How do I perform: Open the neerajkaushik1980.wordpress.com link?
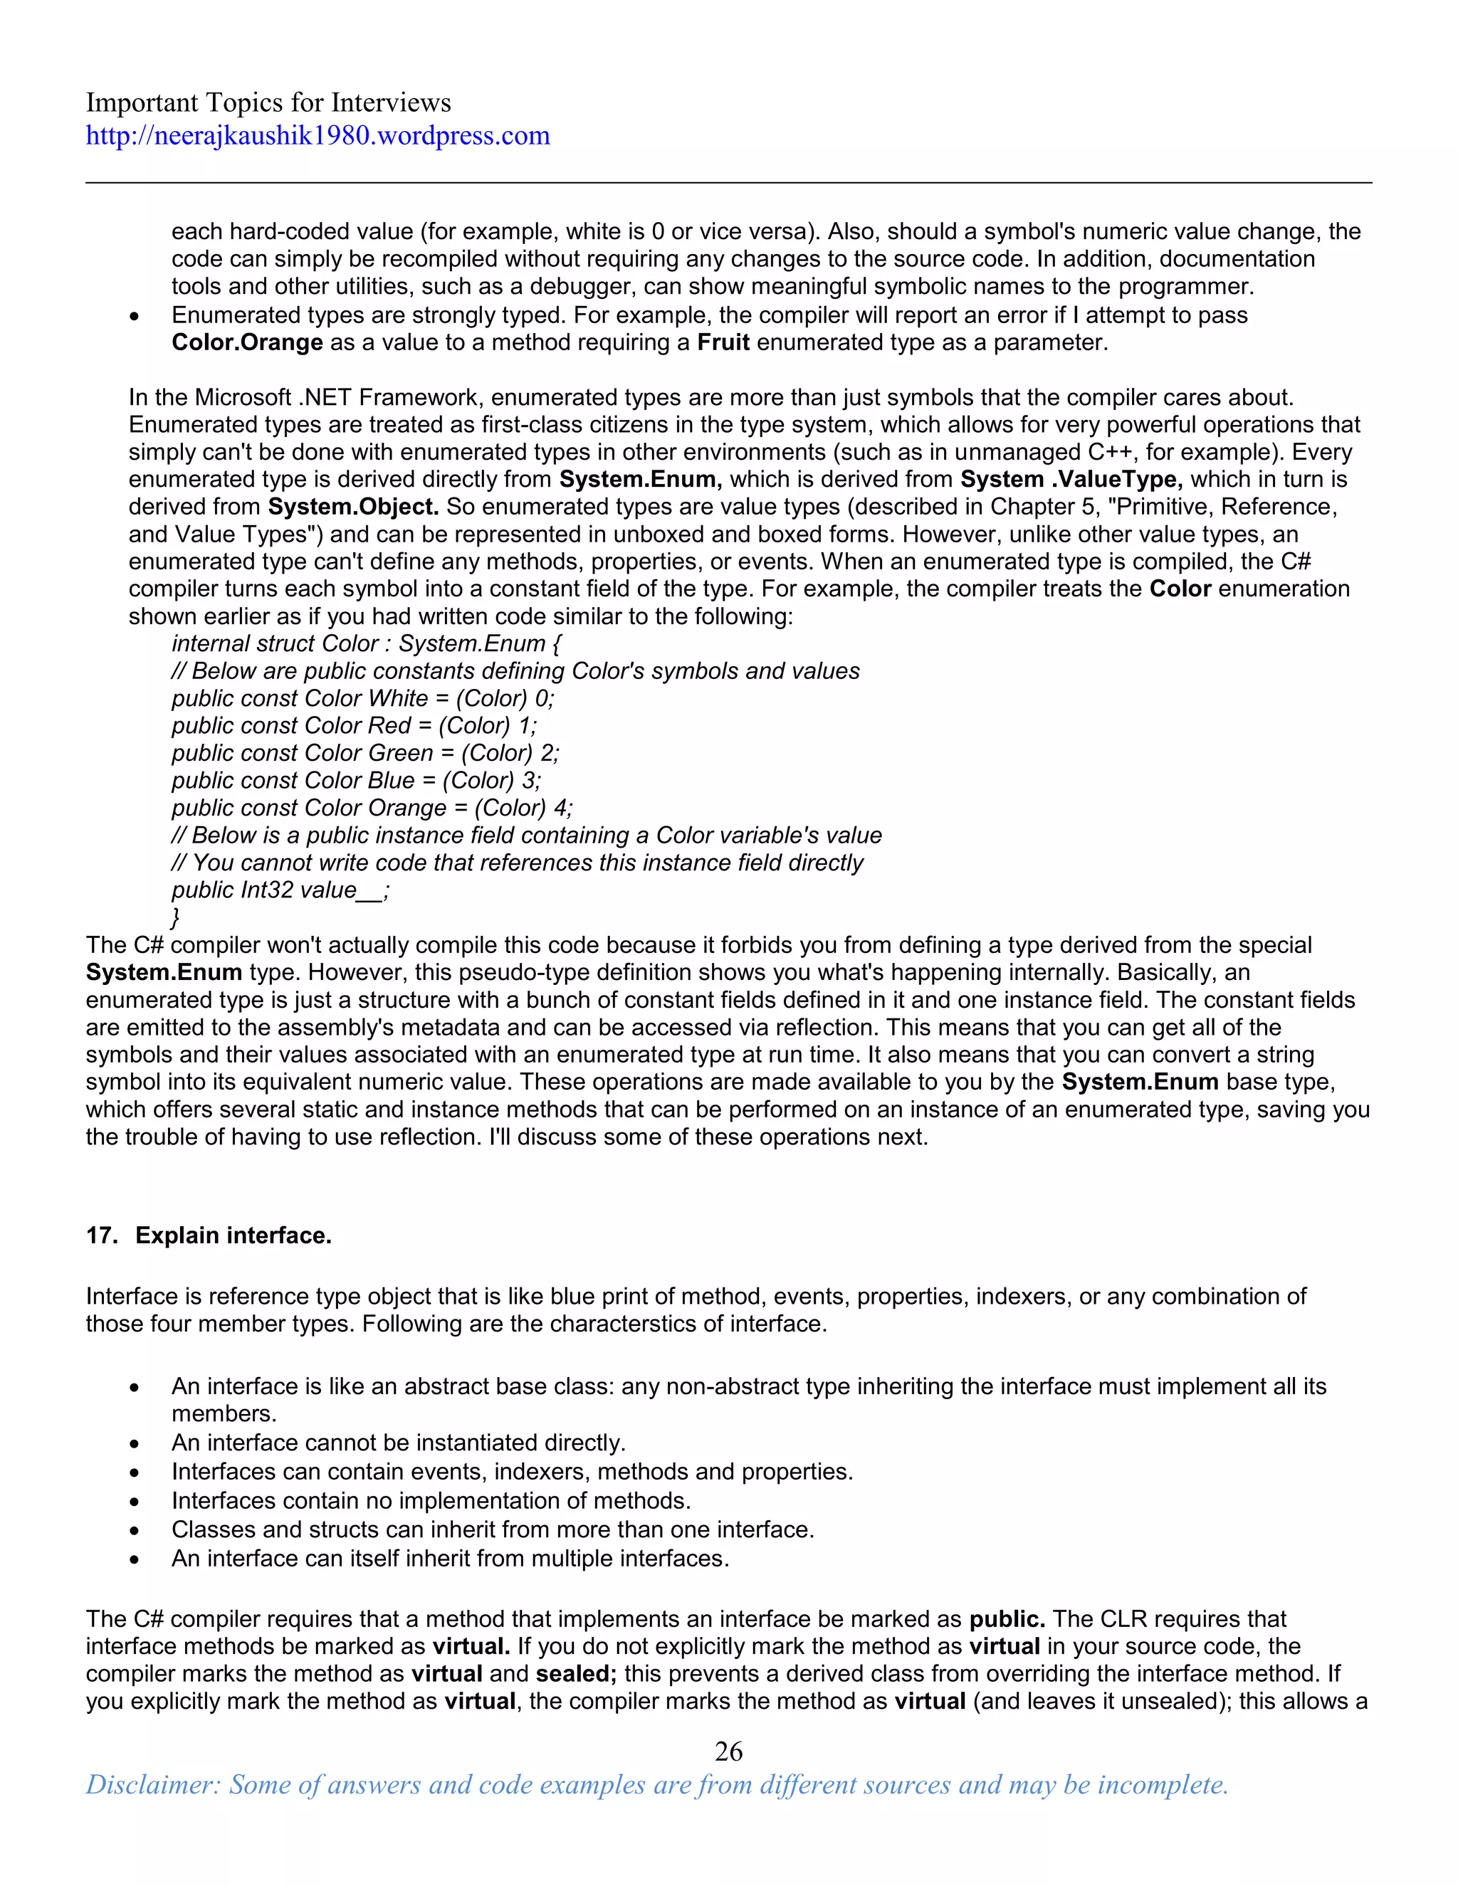tap(317, 135)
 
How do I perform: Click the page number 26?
tap(728, 1751)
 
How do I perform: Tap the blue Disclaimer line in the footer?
tap(656, 1784)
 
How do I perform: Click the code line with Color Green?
tap(365, 753)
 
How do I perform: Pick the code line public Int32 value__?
tap(280, 890)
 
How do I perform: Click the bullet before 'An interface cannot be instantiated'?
tap(134, 1444)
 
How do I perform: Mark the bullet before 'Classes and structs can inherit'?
tap(134, 1531)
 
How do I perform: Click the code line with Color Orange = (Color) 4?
tap(372, 808)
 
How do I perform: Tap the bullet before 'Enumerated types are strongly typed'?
tap(134, 316)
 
